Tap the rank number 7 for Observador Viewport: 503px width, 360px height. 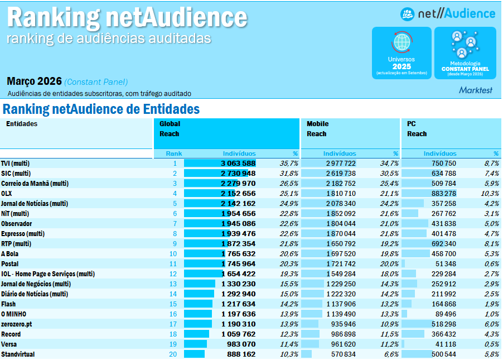[x=175, y=224]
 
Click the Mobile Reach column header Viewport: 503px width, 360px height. [x=317, y=129]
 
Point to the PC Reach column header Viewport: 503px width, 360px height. [x=417, y=129]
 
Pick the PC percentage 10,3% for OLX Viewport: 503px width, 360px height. [x=490, y=194]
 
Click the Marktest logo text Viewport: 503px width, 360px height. [x=476, y=90]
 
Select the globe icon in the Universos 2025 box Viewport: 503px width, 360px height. [x=402, y=42]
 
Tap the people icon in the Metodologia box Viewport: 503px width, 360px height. [x=465, y=45]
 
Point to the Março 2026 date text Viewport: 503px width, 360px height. [x=34, y=81]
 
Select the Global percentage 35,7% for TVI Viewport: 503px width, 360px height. [x=289, y=164]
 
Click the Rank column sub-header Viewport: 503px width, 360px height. [x=174, y=153]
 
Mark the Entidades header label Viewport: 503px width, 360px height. [x=22, y=124]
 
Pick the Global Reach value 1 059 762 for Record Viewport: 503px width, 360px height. [x=238, y=334]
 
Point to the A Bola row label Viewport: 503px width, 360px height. [x=11, y=254]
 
